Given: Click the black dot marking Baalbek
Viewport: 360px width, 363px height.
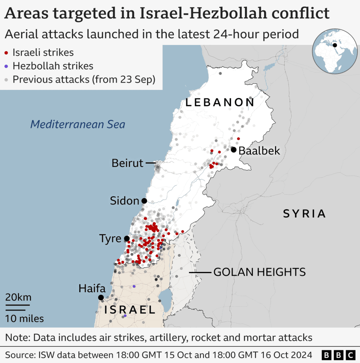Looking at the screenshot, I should click(233, 150).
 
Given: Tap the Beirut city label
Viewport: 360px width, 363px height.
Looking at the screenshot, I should click(127, 163).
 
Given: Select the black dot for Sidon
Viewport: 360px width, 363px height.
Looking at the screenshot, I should click(144, 201).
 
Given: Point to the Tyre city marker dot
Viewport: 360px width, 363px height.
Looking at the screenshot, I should click(127, 238).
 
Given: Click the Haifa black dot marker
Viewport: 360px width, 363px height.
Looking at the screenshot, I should click(101, 297).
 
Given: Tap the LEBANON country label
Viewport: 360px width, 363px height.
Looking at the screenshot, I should click(220, 102).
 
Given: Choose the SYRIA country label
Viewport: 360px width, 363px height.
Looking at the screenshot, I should click(304, 214).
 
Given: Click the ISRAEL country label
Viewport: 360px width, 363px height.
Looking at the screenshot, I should click(130, 310).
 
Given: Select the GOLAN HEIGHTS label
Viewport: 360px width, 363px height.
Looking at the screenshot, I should click(259, 272).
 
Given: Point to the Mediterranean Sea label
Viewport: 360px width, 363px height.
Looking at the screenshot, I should click(77, 124).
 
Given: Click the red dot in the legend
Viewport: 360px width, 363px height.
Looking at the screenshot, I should click(7, 53).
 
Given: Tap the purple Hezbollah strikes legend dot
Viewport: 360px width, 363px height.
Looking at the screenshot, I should click(7, 66).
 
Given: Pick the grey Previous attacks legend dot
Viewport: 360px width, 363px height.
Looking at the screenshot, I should click(7, 80).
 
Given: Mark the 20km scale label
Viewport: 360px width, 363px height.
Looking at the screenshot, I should click(18, 297).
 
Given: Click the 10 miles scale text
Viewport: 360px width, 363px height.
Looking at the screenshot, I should click(24, 318).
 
